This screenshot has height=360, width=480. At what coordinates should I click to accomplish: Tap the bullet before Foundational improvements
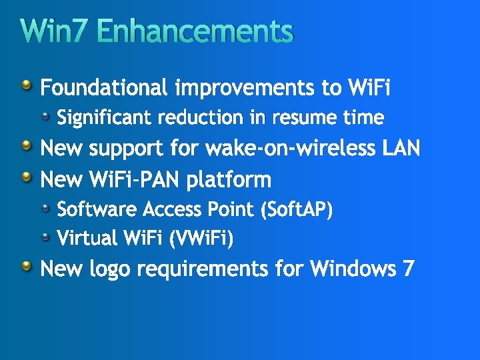click(26, 85)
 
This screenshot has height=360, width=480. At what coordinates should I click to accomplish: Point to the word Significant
click(105, 118)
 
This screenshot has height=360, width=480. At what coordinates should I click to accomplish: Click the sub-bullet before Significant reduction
click(45, 117)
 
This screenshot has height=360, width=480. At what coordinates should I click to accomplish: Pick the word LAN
click(401, 148)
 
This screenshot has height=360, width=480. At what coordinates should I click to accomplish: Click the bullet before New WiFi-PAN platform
click(26, 177)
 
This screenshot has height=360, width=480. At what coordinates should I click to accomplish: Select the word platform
click(229, 179)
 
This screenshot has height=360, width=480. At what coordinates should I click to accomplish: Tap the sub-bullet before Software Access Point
click(45, 208)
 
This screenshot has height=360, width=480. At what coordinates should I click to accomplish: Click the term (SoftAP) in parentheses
click(297, 209)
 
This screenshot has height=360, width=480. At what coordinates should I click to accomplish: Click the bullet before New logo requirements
click(26, 267)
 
